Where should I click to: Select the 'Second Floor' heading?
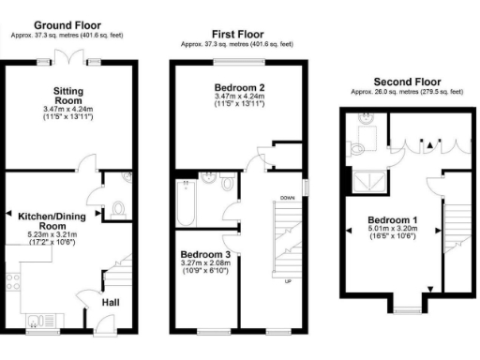(407, 82)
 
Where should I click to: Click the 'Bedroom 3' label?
(203, 254)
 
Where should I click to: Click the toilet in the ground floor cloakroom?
(117, 210)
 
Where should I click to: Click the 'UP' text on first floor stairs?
(287, 280)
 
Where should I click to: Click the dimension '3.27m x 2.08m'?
(203, 265)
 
